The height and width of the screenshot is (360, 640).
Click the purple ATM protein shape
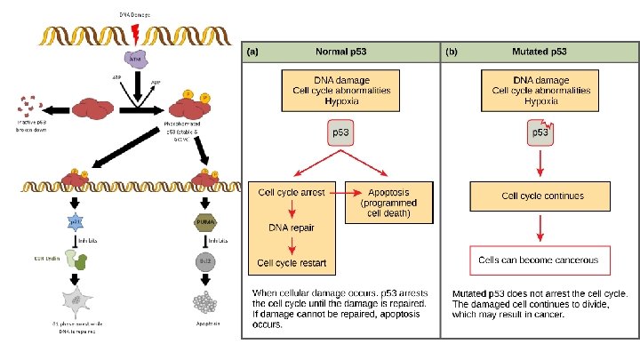pos(135,59)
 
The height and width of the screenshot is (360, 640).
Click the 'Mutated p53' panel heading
pos(541,52)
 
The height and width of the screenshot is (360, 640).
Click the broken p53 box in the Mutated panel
pos(540,133)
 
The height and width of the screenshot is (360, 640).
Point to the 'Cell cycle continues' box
pos(540,196)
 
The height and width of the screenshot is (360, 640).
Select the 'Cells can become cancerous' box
pos(540,260)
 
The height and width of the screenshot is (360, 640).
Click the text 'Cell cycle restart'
pos(292,262)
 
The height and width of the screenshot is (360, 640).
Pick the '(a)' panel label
pos(253,52)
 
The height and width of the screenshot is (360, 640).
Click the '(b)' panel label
pos(452,52)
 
